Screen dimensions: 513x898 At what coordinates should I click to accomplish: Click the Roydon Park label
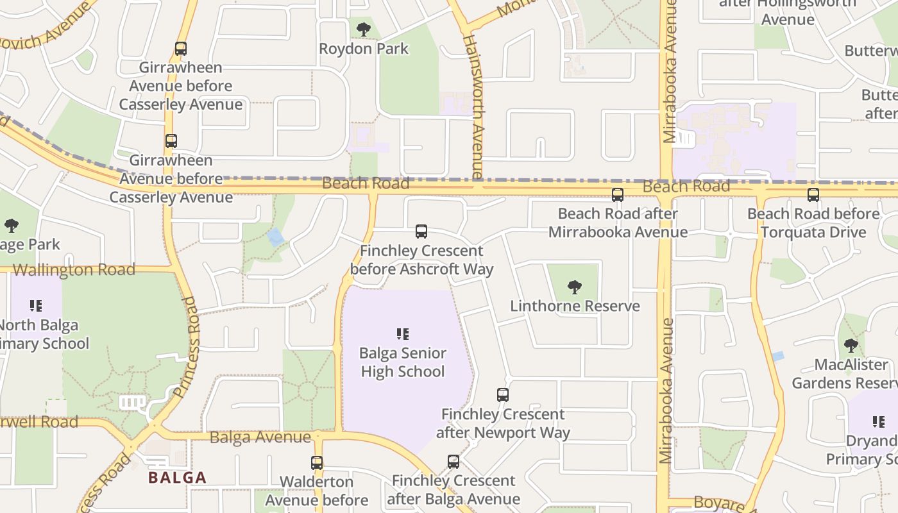(x=364, y=49)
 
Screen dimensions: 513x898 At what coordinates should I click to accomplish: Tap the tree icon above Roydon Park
(x=364, y=29)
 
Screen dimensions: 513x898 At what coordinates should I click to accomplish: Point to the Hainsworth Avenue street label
(x=475, y=106)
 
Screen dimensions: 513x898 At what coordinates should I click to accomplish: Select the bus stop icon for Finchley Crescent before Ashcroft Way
(x=421, y=231)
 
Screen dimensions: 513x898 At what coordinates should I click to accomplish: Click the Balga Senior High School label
(x=403, y=362)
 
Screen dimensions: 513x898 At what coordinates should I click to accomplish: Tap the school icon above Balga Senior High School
(x=403, y=333)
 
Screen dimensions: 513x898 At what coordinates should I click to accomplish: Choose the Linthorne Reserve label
(x=575, y=306)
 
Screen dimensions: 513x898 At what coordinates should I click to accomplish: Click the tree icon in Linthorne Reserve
(x=575, y=287)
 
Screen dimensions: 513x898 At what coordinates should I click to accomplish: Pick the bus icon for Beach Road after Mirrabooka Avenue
(x=618, y=195)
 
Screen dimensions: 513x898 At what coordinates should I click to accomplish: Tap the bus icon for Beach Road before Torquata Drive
(x=813, y=195)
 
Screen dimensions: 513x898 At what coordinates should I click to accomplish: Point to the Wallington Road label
(x=74, y=269)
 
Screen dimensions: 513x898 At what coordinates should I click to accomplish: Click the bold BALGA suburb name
(x=178, y=478)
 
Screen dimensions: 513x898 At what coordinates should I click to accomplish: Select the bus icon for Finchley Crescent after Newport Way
(x=503, y=395)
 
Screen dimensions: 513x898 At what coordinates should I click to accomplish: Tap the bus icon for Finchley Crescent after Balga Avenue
(x=453, y=462)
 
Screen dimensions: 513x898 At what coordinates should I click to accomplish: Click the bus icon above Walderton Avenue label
(x=317, y=463)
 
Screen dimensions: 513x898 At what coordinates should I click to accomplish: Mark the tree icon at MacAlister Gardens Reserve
(x=851, y=346)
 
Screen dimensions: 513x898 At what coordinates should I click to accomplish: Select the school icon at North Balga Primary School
(x=36, y=306)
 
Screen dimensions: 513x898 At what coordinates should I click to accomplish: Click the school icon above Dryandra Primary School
(x=879, y=422)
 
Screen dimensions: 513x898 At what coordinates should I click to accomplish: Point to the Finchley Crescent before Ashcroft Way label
(x=421, y=260)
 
